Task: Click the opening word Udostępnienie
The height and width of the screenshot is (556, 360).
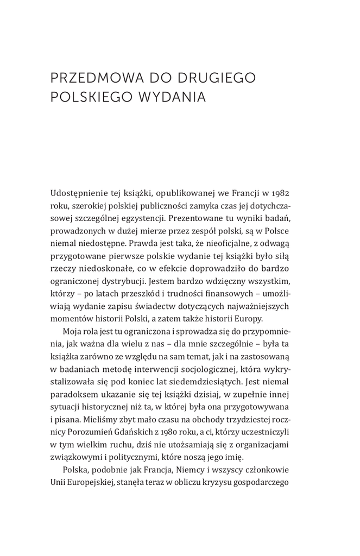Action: coord(80,193)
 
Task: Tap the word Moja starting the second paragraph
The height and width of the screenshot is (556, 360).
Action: coord(73,335)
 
